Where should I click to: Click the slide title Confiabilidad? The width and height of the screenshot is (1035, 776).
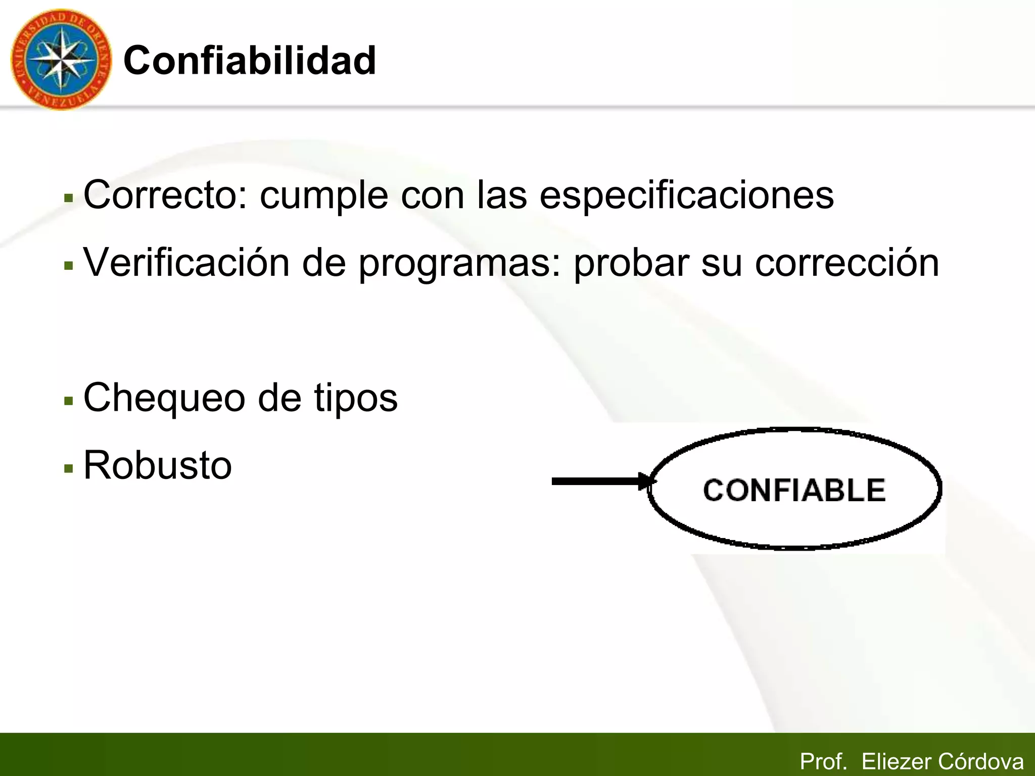(x=250, y=61)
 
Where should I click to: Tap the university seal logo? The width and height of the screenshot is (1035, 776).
(x=61, y=60)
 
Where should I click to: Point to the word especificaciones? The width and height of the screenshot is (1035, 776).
(x=686, y=196)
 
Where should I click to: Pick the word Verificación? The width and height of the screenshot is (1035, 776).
(x=186, y=262)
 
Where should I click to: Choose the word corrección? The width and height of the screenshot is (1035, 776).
(x=846, y=263)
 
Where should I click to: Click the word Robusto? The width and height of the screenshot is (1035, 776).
(x=158, y=465)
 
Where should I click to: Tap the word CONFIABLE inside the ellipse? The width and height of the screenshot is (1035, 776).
(x=794, y=490)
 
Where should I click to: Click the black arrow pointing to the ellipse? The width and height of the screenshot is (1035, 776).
(x=601, y=481)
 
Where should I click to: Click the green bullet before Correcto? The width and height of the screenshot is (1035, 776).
(x=69, y=199)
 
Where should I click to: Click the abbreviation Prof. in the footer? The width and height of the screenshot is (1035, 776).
(x=823, y=761)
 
